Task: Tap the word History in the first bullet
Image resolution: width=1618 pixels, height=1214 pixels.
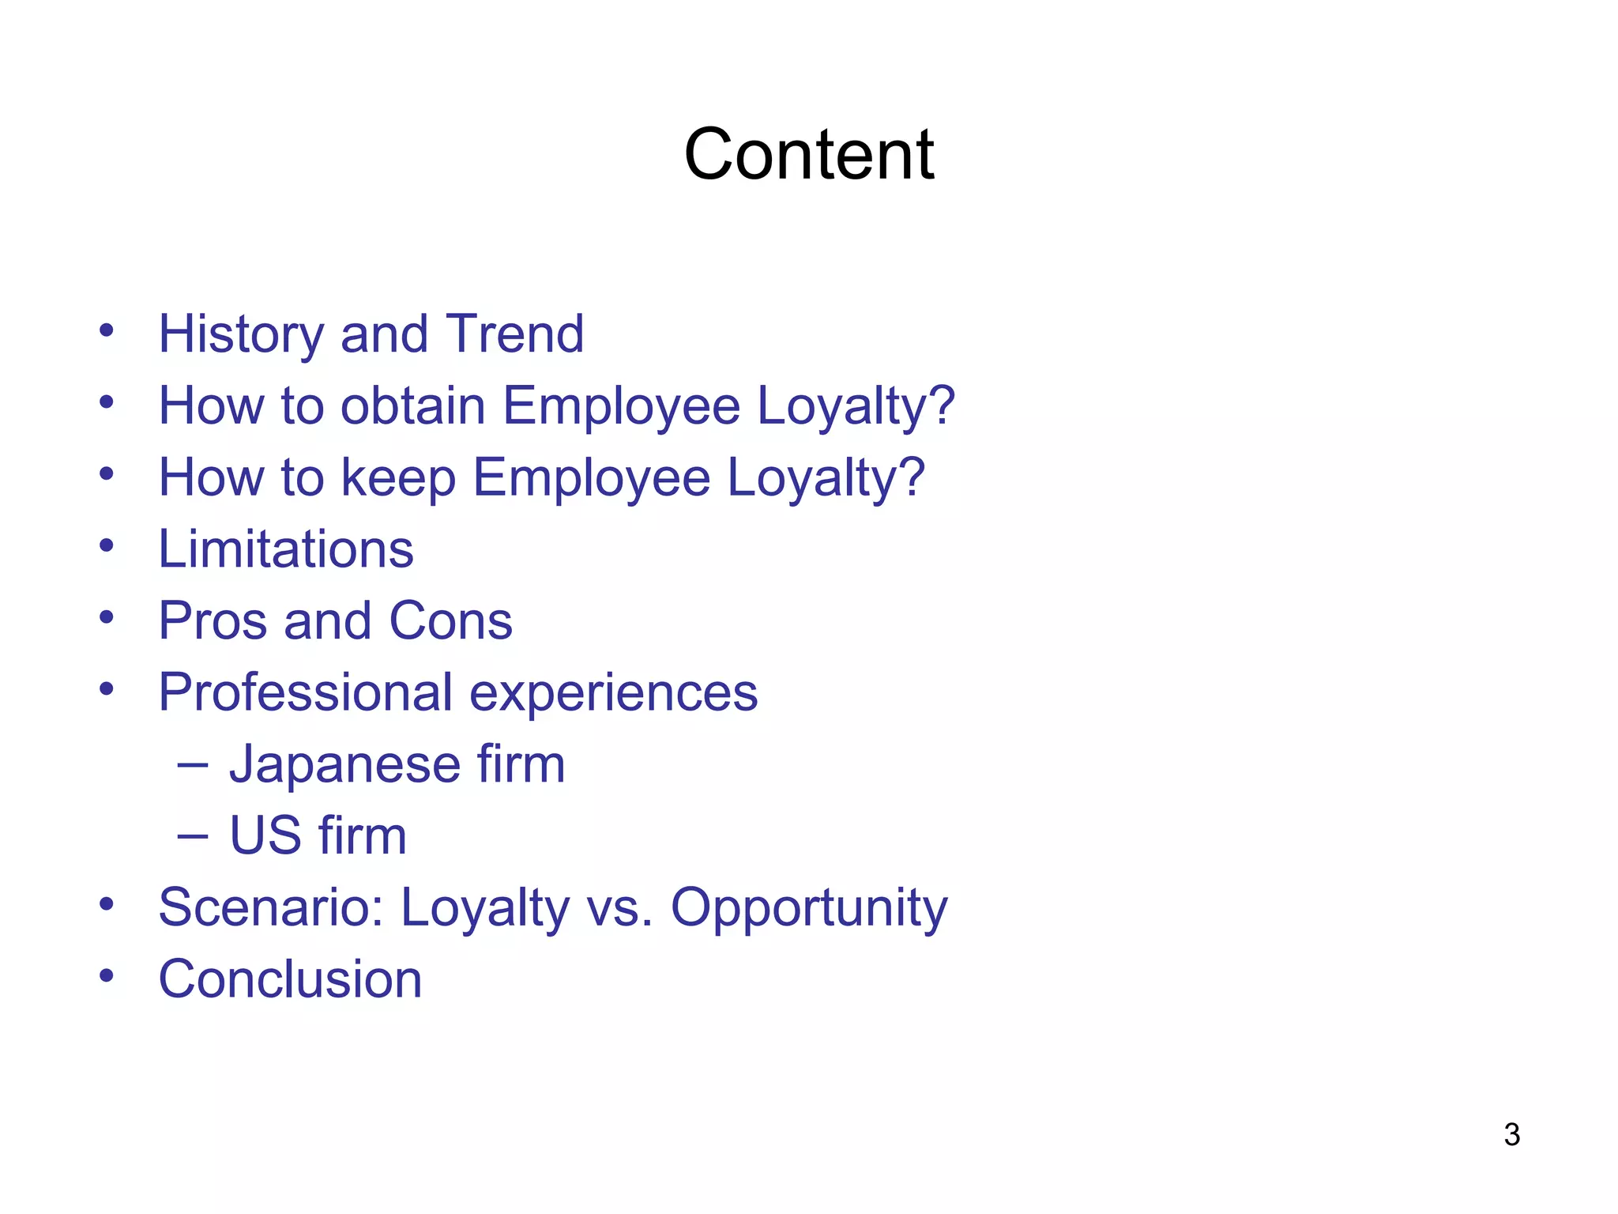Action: [241, 335]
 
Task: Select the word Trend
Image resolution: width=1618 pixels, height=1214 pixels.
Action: [514, 334]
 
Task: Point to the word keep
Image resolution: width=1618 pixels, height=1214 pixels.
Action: [398, 479]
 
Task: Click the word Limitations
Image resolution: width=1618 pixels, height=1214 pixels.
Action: [286, 549]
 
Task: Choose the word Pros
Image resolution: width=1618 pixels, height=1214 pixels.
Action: [213, 621]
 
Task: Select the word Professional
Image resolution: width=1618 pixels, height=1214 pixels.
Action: [305, 693]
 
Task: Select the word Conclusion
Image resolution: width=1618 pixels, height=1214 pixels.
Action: [290, 980]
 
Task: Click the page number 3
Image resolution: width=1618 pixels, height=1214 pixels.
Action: [1511, 1135]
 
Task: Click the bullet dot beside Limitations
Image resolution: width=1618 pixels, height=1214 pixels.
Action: [107, 545]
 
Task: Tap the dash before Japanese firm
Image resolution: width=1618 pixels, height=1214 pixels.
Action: [193, 764]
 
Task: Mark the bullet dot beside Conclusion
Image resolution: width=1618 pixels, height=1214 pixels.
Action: [107, 975]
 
